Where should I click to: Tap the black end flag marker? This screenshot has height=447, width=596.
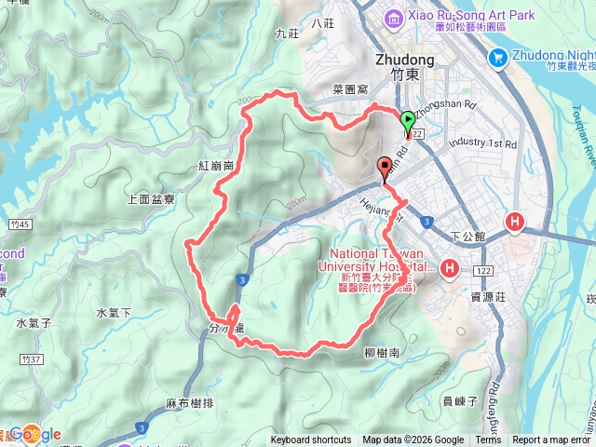pyautogui.click(x=384, y=167)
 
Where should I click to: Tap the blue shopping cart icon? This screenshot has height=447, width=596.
pyautogui.click(x=497, y=58)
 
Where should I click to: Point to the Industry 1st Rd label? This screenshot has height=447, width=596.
pyautogui.click(x=481, y=143)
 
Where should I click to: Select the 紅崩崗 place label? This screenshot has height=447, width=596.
pyautogui.click(x=215, y=165)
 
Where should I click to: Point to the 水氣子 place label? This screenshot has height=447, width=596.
pyautogui.click(x=34, y=323)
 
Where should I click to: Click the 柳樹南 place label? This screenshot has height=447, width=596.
pyautogui.click(x=382, y=353)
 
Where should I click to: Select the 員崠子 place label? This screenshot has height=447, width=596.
pyautogui.click(x=460, y=400)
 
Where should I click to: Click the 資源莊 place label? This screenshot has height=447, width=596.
pyautogui.click(x=488, y=297)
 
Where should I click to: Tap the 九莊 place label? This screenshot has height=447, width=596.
pyautogui.click(x=286, y=33)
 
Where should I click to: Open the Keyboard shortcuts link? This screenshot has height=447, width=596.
pyautogui.click(x=311, y=440)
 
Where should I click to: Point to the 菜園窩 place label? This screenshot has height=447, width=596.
pyautogui.click(x=350, y=90)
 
